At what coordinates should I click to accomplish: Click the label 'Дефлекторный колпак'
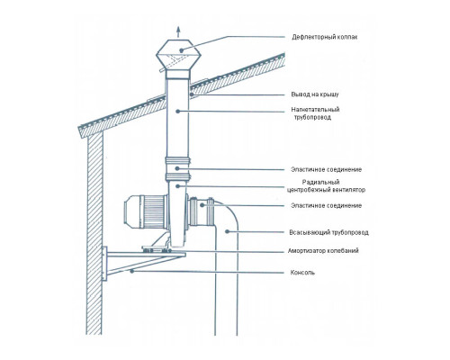pos(325,38)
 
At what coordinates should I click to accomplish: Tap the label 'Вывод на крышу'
pos(315,94)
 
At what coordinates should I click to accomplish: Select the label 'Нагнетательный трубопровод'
pos(315,113)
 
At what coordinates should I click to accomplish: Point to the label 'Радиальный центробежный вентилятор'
pos(326,186)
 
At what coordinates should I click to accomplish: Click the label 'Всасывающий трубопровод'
pos(328,232)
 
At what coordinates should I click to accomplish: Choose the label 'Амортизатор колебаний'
pos(323,250)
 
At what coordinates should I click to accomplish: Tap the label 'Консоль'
pos(302,273)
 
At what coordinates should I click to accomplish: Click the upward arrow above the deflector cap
pos(178,32)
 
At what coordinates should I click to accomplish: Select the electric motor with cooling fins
pos(146,212)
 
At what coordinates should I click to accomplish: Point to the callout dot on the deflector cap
pos(181,50)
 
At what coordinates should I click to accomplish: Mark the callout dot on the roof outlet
pos(192,94)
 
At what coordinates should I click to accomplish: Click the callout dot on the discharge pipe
pos(178,112)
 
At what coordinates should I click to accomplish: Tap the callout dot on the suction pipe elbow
pos(227,231)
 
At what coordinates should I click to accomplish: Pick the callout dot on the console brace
pos(131,271)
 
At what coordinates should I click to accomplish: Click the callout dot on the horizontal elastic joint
pos(202,205)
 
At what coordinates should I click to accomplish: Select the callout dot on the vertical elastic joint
pos(177,168)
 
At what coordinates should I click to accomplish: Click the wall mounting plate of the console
pos(104,264)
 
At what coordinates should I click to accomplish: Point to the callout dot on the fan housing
pos(177,186)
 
